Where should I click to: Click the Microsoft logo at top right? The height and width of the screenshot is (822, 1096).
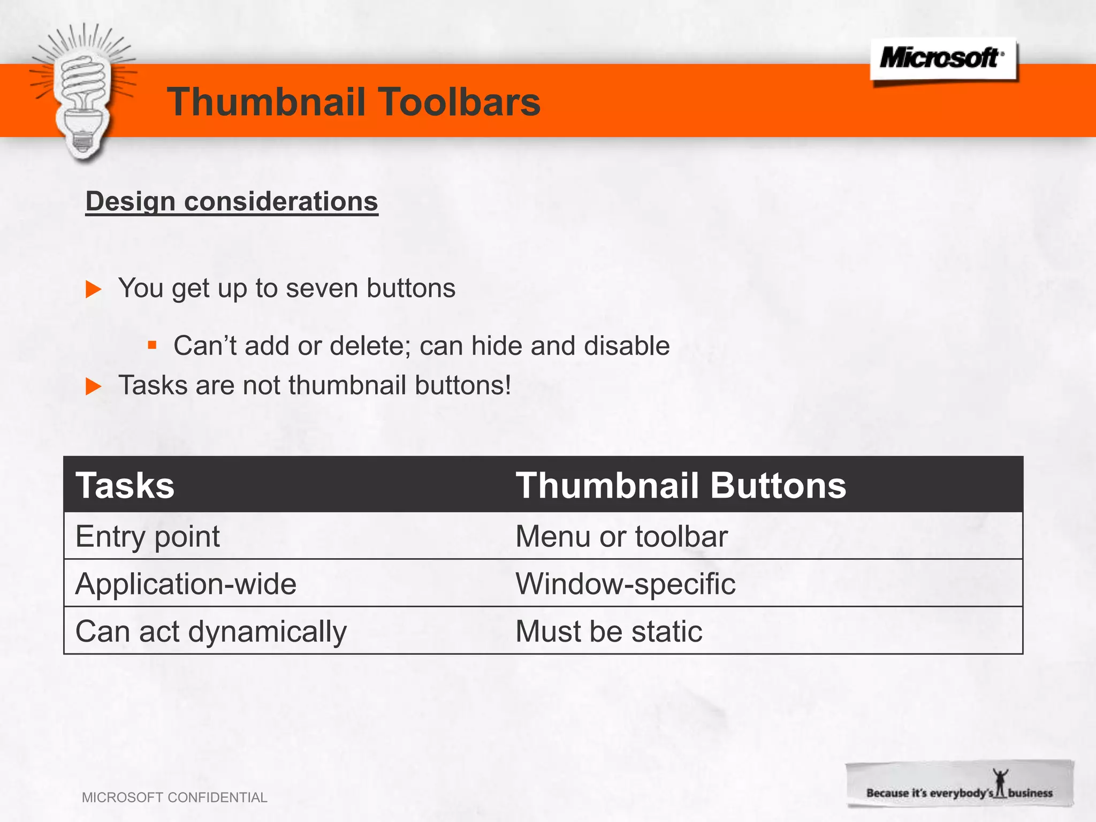(943, 58)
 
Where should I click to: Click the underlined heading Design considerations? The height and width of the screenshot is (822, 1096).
(232, 202)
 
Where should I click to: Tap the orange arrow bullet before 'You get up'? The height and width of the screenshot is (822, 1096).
(94, 290)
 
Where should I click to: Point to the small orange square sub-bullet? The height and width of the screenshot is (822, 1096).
(152, 345)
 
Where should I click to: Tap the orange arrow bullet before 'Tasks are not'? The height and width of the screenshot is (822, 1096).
(94, 386)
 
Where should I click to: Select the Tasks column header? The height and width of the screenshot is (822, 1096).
(125, 485)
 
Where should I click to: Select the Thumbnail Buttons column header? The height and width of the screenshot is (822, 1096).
(680, 485)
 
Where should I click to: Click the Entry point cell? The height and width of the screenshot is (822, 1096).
(148, 536)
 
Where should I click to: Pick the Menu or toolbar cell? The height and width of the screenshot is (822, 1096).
(621, 536)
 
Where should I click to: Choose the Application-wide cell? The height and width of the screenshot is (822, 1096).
(186, 583)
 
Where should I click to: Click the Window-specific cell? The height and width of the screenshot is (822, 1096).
(625, 583)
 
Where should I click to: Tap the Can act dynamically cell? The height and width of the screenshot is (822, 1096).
(211, 631)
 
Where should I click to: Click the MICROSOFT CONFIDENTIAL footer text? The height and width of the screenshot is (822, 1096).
(174, 797)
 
